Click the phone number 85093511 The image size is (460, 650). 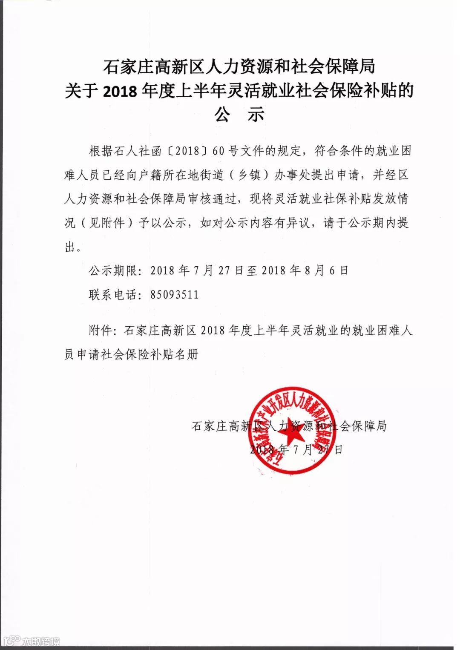[x=174, y=295]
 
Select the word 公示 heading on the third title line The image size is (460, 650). [x=239, y=114]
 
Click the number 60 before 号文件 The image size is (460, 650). [x=218, y=151]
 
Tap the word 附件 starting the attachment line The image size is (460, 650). [x=100, y=330]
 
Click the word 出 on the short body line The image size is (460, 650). [x=70, y=247]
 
